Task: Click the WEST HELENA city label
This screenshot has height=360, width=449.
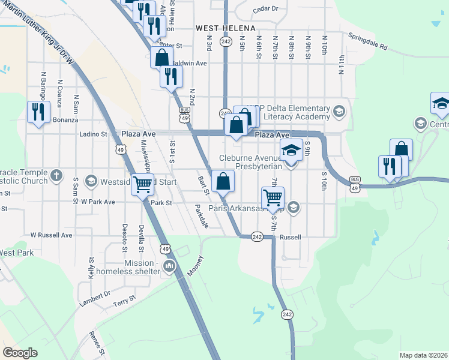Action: (226, 28)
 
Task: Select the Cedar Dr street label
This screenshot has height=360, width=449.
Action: (265, 9)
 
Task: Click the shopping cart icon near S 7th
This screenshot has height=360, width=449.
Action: (273, 197)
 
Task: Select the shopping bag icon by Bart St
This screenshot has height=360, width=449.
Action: (223, 181)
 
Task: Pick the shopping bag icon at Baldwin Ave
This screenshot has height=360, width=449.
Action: (161, 58)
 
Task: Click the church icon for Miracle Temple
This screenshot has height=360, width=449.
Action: (56, 176)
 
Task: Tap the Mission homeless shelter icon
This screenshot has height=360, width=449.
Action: (169, 266)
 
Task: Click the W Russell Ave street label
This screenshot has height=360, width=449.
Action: (52, 235)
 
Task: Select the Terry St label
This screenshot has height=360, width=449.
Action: (125, 302)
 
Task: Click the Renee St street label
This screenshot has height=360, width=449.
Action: (97, 343)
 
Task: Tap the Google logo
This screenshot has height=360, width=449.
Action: (20, 353)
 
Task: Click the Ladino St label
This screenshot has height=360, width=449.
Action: (93, 134)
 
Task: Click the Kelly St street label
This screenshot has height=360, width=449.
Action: (91, 268)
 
